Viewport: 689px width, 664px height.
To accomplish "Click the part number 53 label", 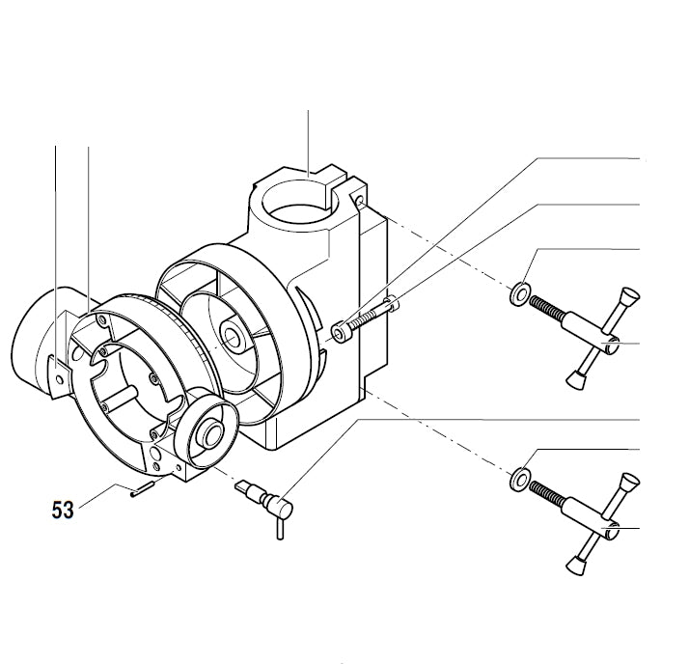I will click(63, 509).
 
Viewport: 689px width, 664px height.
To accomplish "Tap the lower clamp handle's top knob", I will click(629, 483).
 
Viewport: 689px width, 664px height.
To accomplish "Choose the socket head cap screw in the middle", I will click(363, 319).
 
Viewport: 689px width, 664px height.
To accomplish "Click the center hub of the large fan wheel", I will click(233, 337).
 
